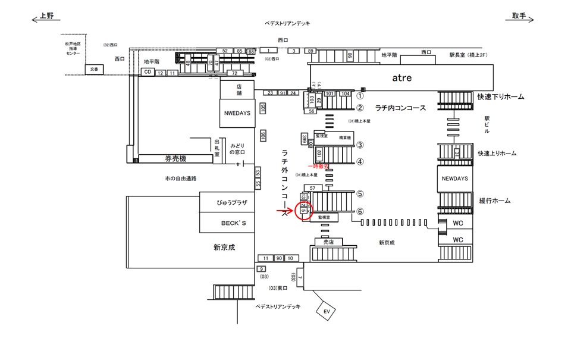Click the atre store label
coord(401,78)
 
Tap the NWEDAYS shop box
coord(237,113)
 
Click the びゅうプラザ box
coord(227,203)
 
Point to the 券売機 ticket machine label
coord(175,158)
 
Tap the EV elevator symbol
coord(326,311)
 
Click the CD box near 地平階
coord(147,72)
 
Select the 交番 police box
coord(94,69)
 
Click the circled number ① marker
coord(360,95)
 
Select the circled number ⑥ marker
coord(360,211)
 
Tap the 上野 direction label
coord(46,16)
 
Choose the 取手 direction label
coord(519,16)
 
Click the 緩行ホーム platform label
coord(494,201)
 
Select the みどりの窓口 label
coord(242,149)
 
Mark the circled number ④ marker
coord(360,162)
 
